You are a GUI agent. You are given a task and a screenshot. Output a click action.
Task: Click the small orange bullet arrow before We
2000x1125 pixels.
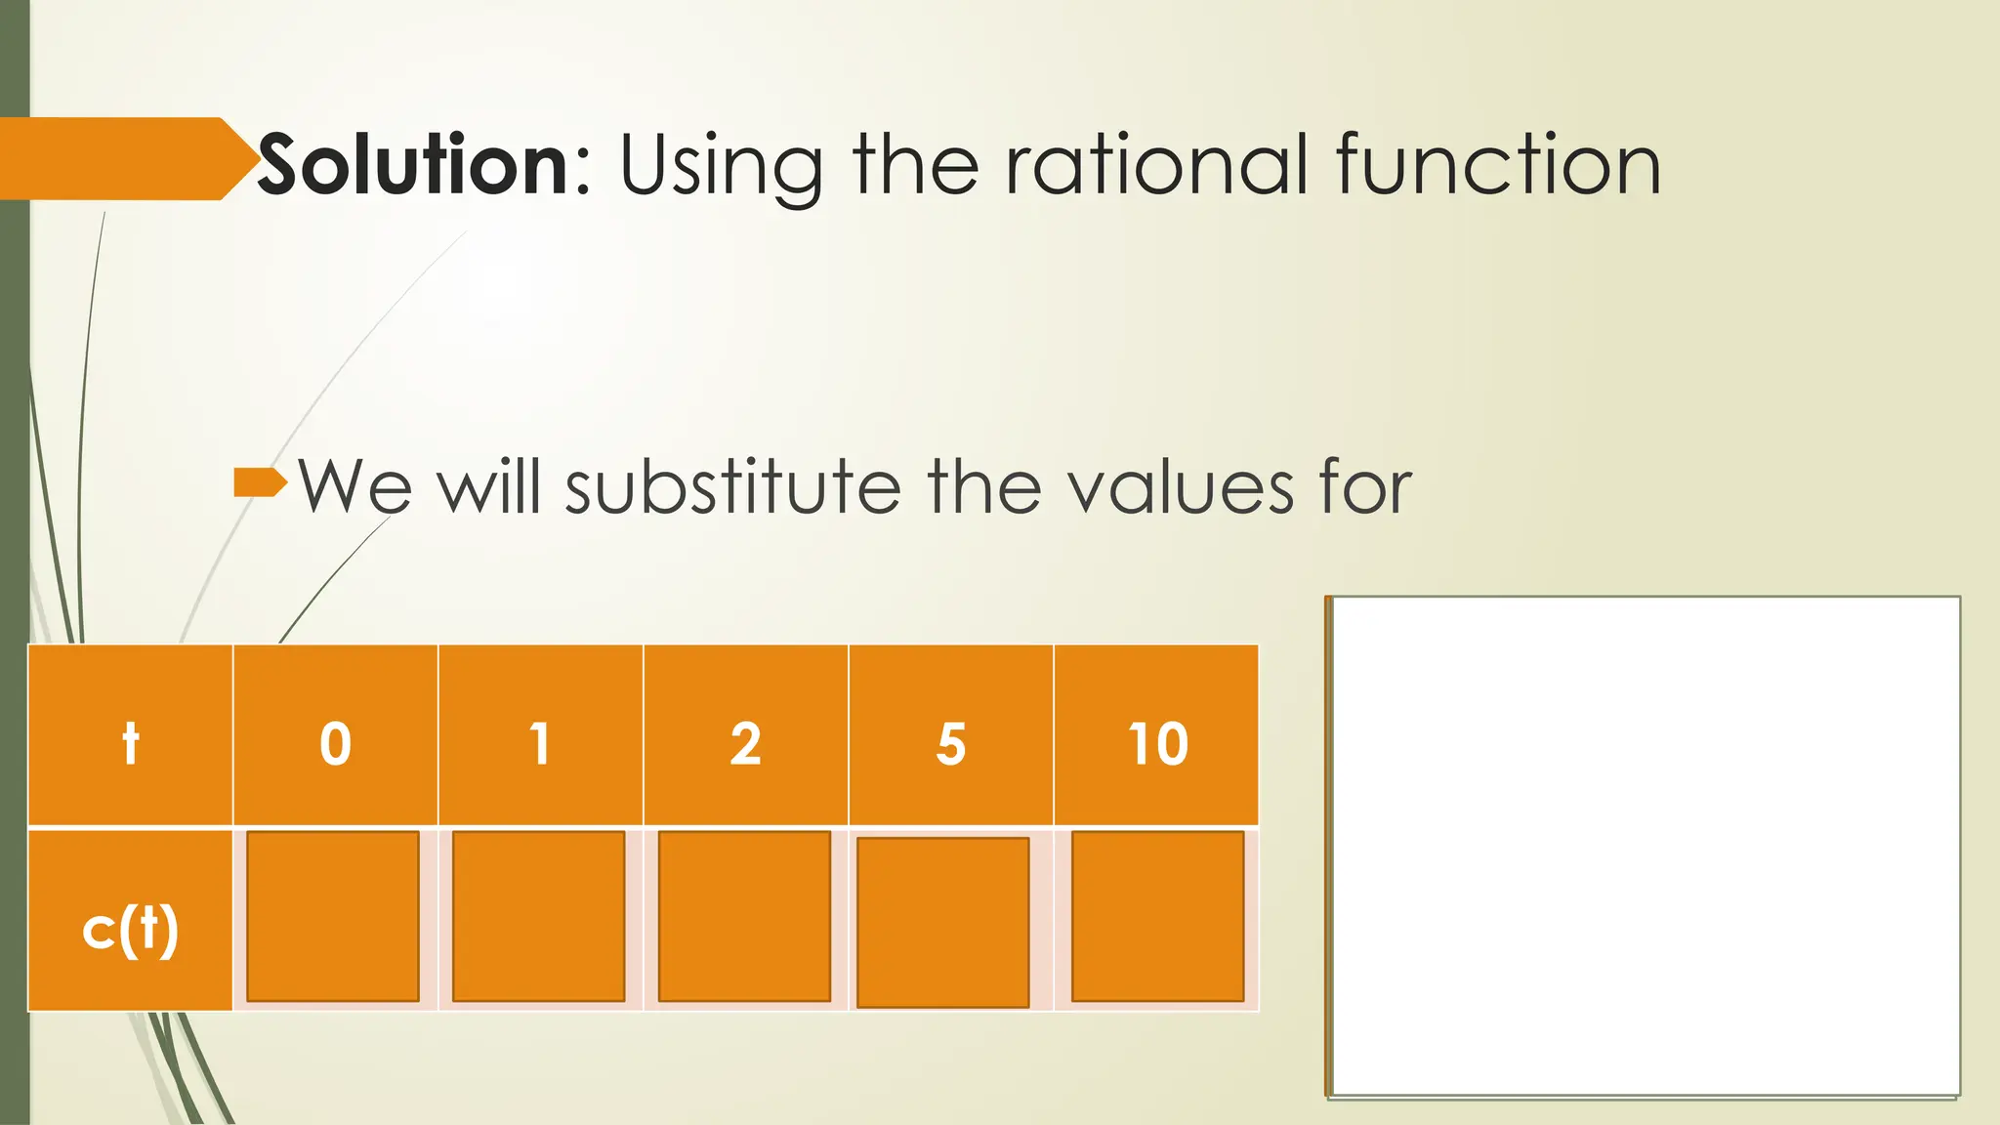(x=260, y=482)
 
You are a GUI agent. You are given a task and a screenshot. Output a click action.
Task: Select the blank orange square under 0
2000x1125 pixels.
(x=333, y=916)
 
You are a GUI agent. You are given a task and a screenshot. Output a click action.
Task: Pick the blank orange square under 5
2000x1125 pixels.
(x=942, y=922)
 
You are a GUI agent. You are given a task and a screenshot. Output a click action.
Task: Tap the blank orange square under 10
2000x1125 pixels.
(x=1157, y=916)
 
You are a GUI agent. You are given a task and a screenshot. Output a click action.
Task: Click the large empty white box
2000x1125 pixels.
(x=1645, y=846)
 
